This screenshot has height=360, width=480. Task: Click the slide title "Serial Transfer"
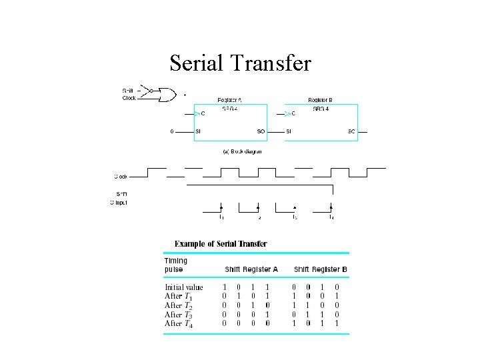pyautogui.click(x=240, y=63)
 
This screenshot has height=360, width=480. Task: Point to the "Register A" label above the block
pyautogui.click(x=229, y=101)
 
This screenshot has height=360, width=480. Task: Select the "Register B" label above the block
pyautogui.click(x=320, y=101)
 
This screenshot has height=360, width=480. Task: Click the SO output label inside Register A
pyautogui.click(x=261, y=131)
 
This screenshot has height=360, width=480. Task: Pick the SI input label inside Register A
pyautogui.click(x=198, y=131)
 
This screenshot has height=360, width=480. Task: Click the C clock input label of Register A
pyautogui.click(x=203, y=113)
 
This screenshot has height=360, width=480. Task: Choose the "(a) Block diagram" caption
pyautogui.click(x=242, y=151)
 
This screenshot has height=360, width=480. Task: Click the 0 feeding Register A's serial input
pyautogui.click(x=172, y=131)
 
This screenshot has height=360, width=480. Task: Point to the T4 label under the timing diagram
pyautogui.click(x=331, y=217)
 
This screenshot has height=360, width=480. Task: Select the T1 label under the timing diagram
pyautogui.click(x=221, y=217)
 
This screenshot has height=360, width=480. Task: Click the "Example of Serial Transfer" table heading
pyautogui.click(x=221, y=243)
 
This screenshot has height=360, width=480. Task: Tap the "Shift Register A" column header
pyautogui.click(x=251, y=269)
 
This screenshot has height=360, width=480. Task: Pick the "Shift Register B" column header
pyautogui.click(x=320, y=269)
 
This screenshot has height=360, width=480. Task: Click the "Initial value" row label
pyautogui.click(x=184, y=288)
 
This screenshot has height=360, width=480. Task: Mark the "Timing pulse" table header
pyautogui.click(x=176, y=265)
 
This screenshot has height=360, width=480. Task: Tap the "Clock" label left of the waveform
pyautogui.click(x=120, y=177)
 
